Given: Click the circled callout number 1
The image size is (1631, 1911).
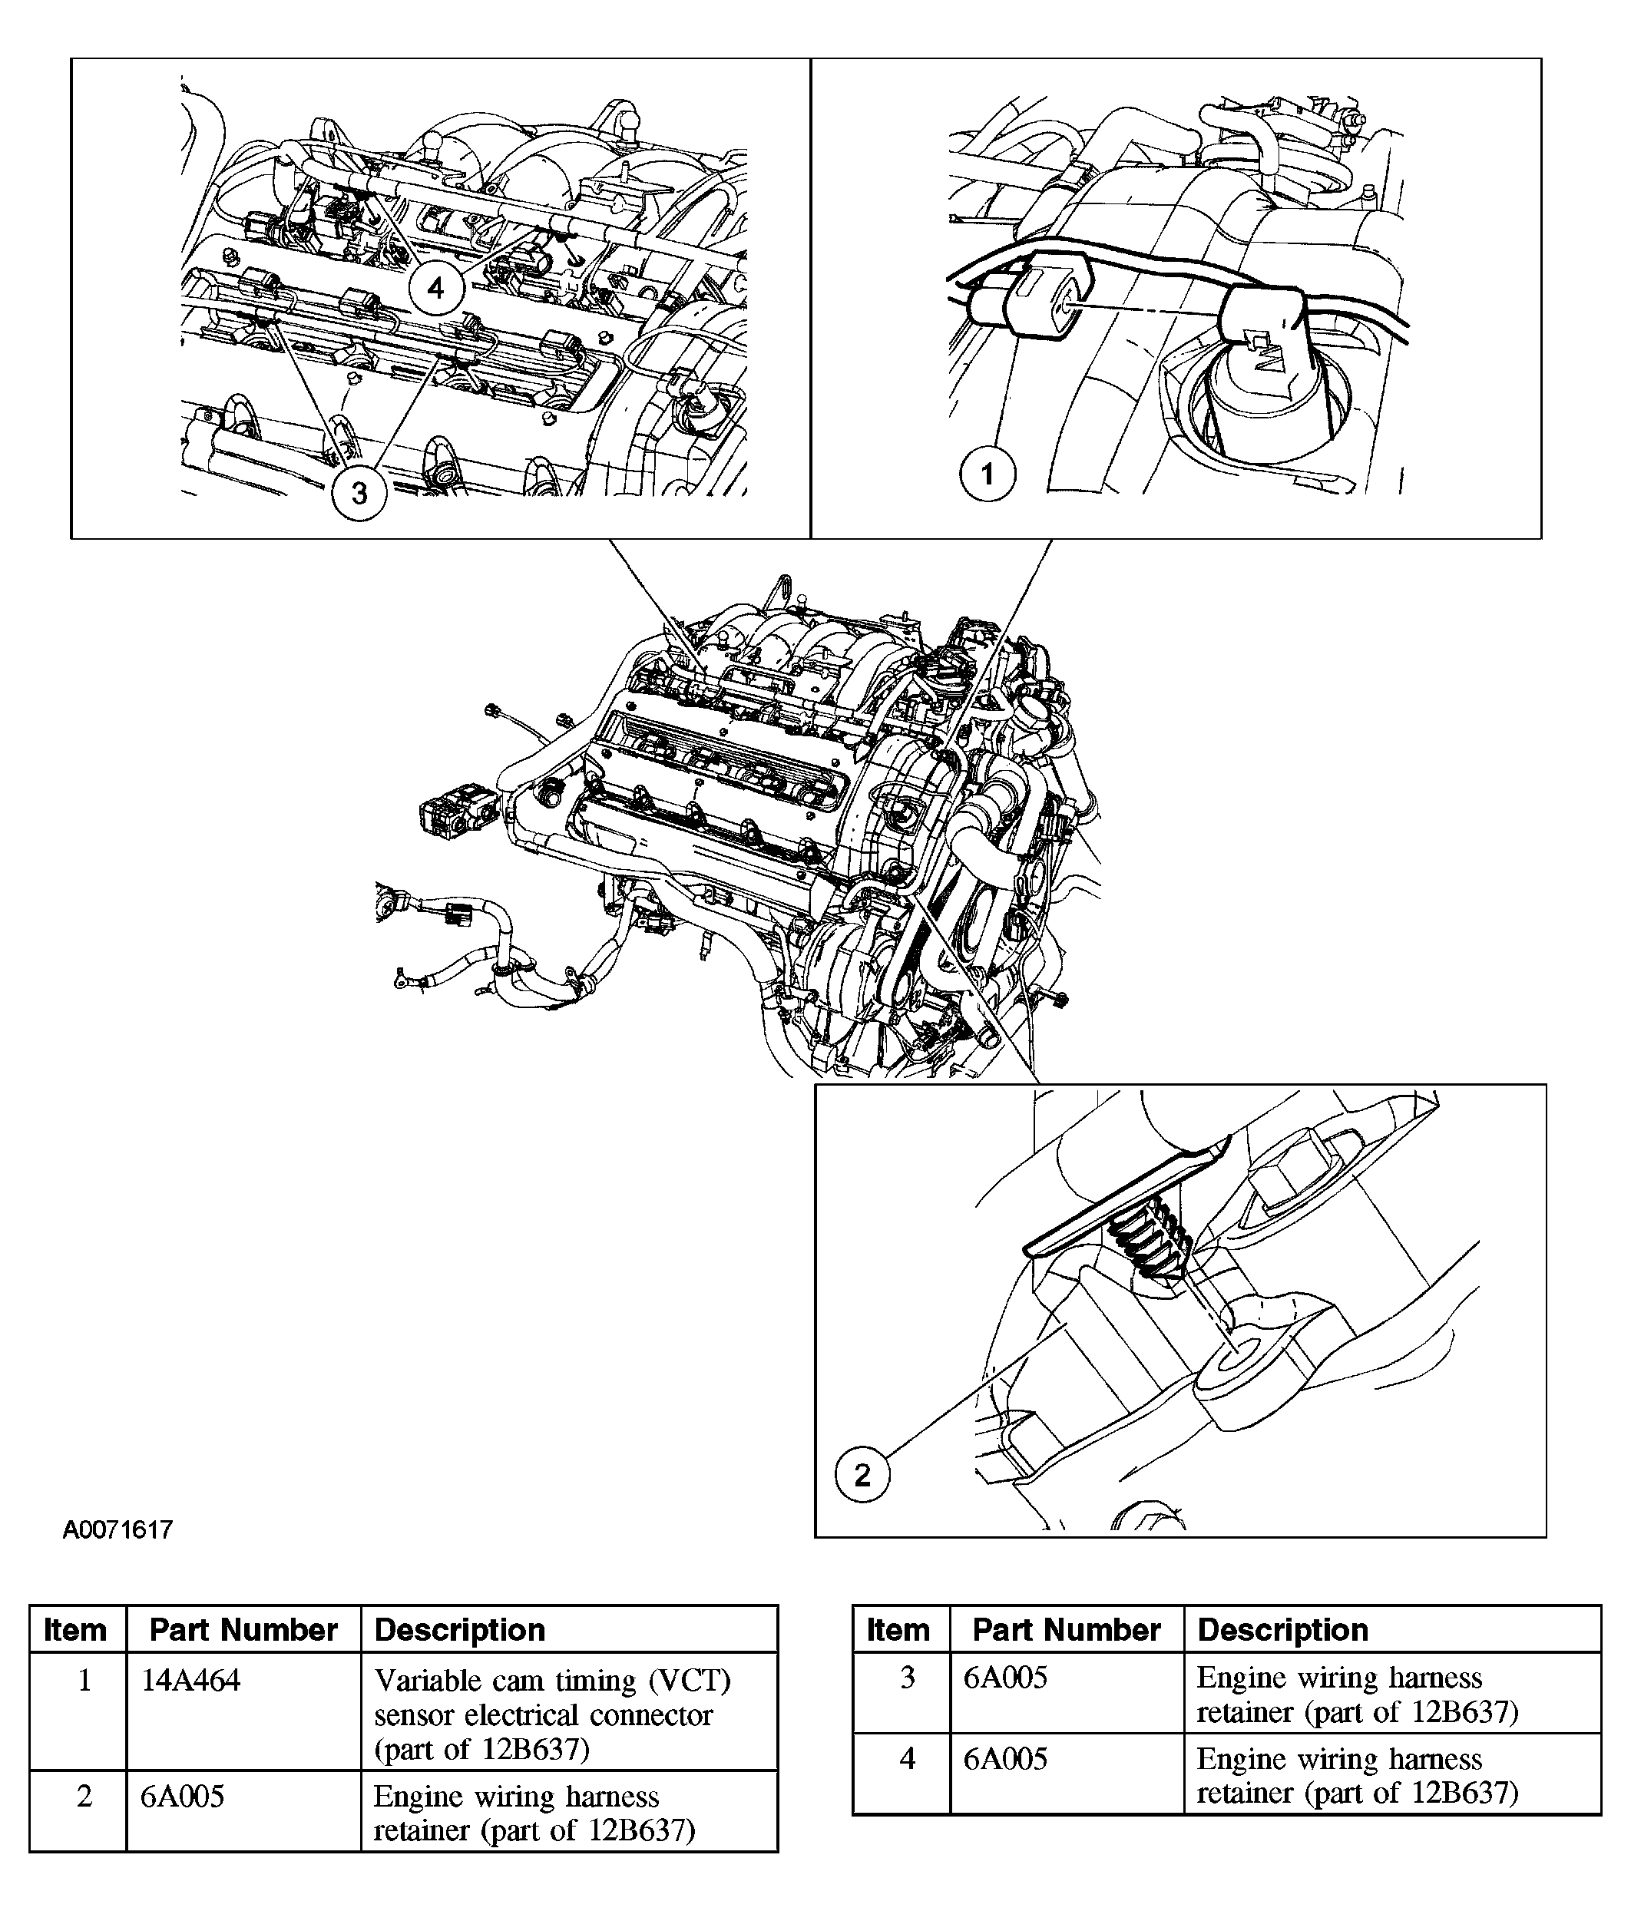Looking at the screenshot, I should pyautogui.click(x=987, y=474).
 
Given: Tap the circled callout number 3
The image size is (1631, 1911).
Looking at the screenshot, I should pyautogui.click(x=359, y=494).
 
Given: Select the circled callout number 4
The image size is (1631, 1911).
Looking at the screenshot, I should pyautogui.click(x=435, y=289).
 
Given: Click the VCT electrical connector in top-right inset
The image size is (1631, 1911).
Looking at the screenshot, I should pyautogui.click(x=1043, y=290).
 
